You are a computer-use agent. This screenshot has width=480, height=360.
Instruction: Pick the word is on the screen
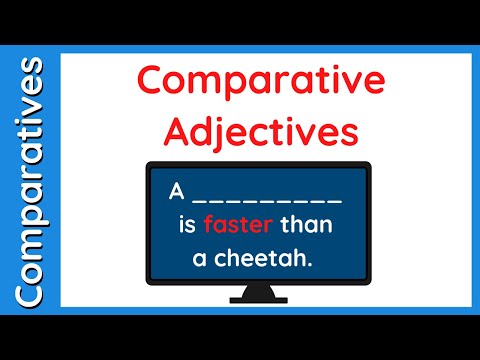(188, 224)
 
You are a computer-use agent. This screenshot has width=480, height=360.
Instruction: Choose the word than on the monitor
(305, 224)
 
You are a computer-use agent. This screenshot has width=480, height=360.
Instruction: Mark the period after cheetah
(327, 264)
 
